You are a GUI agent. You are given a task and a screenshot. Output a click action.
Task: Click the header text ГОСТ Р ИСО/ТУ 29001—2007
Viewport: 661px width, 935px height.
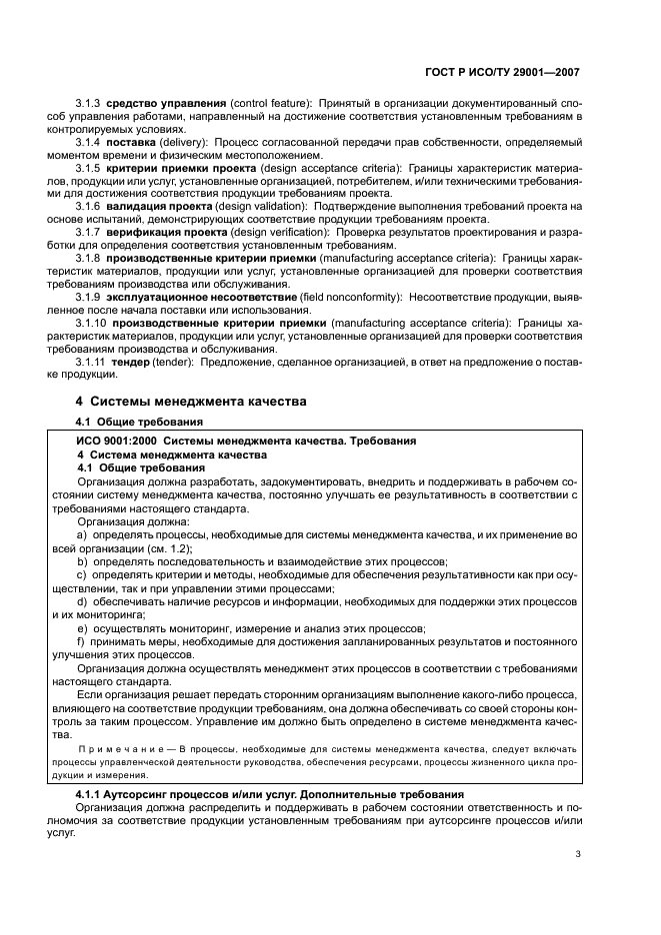[x=502, y=72]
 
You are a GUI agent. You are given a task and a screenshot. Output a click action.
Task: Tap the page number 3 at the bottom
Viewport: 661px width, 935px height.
[x=577, y=853]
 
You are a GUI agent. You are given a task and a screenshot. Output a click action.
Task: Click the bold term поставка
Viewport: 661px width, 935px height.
[x=127, y=143]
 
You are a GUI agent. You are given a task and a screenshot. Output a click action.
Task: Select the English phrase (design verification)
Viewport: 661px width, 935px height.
[x=281, y=233]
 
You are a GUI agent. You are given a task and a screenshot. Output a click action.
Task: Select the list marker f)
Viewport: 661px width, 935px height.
[x=83, y=641]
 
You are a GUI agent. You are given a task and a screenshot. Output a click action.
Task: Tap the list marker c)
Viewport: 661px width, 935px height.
[x=83, y=575]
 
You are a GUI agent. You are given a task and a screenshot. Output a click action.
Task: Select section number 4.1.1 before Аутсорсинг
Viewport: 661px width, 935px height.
[x=94, y=793]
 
